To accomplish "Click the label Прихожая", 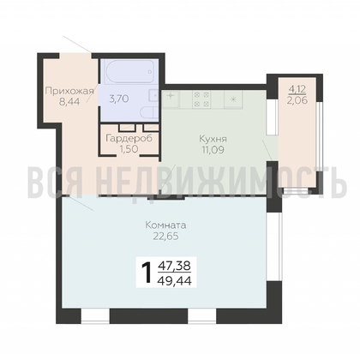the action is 69,92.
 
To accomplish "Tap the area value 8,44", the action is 69,102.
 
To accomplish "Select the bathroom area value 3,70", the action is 119,99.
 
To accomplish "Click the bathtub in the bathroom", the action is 129,72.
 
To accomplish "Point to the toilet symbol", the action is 150,113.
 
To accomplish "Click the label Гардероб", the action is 129,138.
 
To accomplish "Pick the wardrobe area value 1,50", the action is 129,148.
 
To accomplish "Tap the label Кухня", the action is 213,139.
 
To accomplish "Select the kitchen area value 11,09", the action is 213,149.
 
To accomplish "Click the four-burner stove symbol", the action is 201,99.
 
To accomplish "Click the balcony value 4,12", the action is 297,89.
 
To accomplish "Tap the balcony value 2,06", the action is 297,100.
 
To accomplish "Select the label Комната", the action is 165,225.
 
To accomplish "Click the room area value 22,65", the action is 165,237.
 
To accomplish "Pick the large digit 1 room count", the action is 147,273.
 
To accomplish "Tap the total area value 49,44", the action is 175,281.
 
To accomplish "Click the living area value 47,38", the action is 175,266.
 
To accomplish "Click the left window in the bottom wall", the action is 95,316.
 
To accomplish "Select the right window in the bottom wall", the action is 202,316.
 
